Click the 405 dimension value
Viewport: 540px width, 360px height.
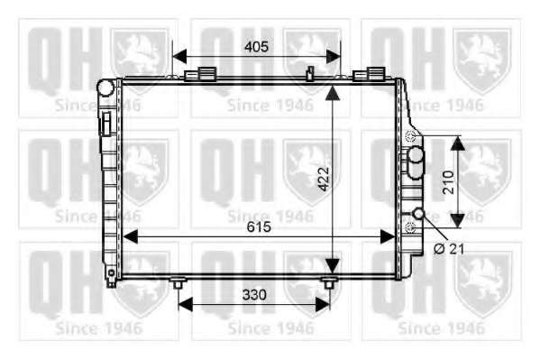256,47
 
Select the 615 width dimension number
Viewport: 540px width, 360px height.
259,226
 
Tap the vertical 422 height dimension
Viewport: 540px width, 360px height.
324,179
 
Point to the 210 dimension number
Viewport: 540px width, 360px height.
449,182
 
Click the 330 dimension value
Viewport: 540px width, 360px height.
254,295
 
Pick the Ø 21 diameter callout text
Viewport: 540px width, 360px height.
449,248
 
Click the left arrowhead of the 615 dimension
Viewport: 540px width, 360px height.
130,237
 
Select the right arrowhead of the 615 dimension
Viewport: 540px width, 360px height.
388,237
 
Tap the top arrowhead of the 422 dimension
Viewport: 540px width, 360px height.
332,93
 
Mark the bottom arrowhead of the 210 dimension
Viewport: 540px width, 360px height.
458,221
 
